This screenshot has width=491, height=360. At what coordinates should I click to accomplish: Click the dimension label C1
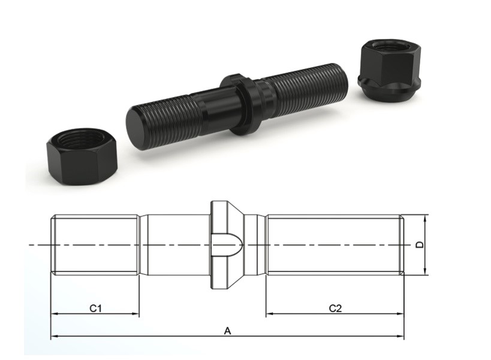pyautogui.click(x=95, y=308)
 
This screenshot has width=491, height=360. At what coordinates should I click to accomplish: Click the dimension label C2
pyautogui.click(x=335, y=308)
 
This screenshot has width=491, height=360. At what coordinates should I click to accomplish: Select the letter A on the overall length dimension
pyautogui.click(x=227, y=330)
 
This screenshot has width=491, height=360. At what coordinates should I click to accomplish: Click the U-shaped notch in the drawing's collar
pyautogui.click(x=227, y=245)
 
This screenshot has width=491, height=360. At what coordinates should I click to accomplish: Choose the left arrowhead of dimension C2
pyautogui.click(x=269, y=314)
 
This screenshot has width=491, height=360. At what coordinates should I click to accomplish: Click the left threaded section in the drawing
pyautogui.click(x=95, y=245)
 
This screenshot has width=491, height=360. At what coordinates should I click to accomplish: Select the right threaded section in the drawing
pyautogui.click(x=333, y=245)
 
